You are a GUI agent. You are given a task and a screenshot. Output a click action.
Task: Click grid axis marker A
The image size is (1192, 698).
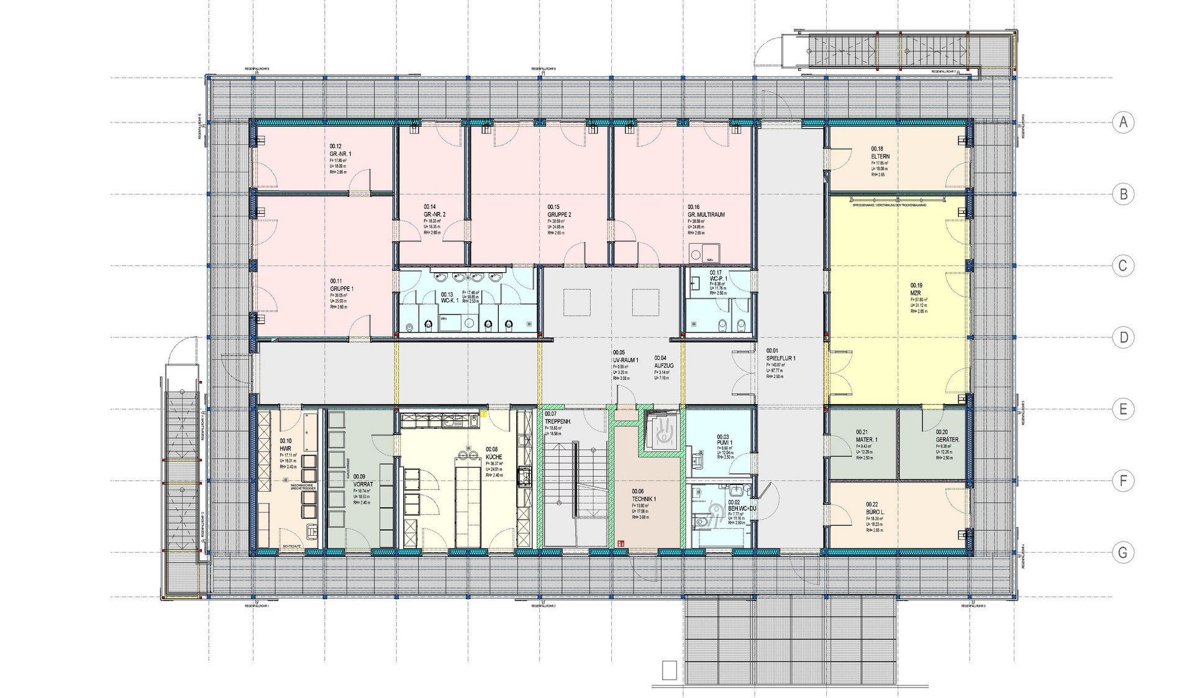(x=1122, y=122)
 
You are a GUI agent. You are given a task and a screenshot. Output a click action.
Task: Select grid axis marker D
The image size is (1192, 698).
(x=1122, y=338)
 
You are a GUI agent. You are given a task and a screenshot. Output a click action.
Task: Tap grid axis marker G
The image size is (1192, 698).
(x=1122, y=553)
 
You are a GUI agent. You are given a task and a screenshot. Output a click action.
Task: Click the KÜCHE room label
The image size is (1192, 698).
(x=494, y=457)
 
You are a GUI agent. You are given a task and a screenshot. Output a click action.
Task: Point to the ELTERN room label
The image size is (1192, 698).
(x=880, y=157)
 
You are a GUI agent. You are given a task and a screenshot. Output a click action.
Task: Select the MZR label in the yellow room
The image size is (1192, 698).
(x=916, y=293)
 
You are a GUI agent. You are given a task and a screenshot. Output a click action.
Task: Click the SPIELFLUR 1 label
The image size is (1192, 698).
(x=780, y=358)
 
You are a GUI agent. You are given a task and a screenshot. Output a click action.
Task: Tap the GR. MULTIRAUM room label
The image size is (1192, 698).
(x=706, y=214)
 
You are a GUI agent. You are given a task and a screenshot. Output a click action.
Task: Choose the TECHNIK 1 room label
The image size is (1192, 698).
(x=644, y=499)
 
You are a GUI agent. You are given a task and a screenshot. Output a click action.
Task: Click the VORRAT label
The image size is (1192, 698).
(x=363, y=484)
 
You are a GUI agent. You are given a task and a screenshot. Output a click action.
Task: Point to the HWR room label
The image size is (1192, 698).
(x=285, y=448)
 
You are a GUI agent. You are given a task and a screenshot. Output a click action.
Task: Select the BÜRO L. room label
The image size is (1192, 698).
(x=875, y=512)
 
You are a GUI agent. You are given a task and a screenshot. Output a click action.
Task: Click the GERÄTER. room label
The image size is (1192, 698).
(x=947, y=439)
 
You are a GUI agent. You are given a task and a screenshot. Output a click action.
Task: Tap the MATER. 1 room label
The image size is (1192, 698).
(x=866, y=439)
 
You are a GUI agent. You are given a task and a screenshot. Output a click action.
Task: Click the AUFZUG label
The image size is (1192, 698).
(x=663, y=366)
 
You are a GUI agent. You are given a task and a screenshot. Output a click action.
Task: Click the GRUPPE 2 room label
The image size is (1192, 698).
(x=558, y=214)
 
